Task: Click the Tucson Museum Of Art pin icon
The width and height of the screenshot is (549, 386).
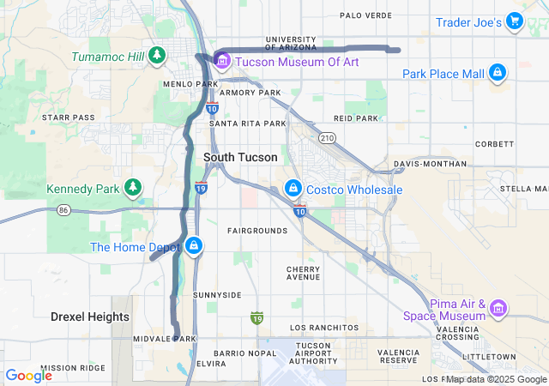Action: coord(222,59)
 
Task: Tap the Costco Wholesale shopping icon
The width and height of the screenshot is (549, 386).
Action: coord(293,189)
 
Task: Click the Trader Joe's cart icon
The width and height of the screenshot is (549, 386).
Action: coord(514,21)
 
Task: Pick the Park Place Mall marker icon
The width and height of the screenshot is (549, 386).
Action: coord(497,74)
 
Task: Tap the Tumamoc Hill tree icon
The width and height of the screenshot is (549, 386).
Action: coord(156,56)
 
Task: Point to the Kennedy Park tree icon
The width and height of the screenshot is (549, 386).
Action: coord(132,187)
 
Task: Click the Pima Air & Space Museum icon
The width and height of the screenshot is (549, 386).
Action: coord(499,306)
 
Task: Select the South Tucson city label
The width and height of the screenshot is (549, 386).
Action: coord(240,158)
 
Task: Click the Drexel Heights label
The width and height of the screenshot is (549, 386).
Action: coord(90,317)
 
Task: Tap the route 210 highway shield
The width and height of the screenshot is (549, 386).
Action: coord(326,138)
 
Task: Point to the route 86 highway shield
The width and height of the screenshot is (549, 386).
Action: coord(63,209)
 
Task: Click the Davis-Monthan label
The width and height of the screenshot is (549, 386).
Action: coord(431,164)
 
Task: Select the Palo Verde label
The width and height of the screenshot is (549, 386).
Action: coord(365,15)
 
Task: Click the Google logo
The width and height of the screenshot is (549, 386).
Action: coord(28,375)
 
